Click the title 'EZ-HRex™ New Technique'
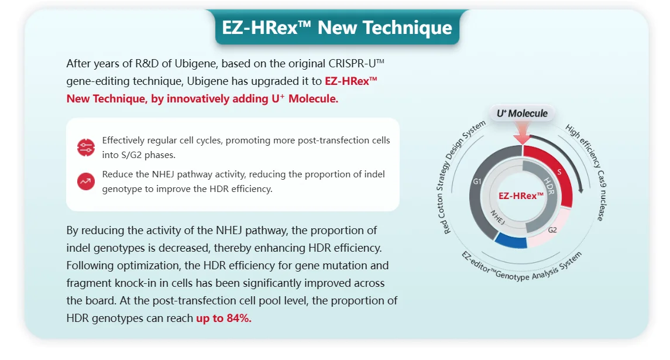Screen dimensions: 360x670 (x=337, y=28)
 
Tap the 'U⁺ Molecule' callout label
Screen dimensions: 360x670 (x=522, y=113)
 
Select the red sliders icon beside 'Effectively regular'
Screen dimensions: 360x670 (x=86, y=148)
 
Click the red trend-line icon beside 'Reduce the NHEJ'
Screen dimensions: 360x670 (x=86, y=181)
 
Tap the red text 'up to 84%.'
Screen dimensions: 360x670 (x=224, y=318)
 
